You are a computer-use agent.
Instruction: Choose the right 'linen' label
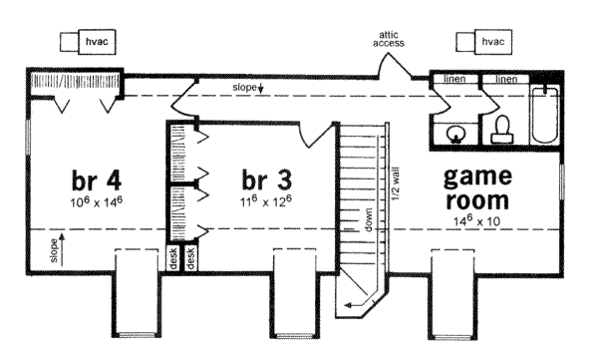coord(506,77)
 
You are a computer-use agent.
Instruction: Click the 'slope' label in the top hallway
coord(246,88)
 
